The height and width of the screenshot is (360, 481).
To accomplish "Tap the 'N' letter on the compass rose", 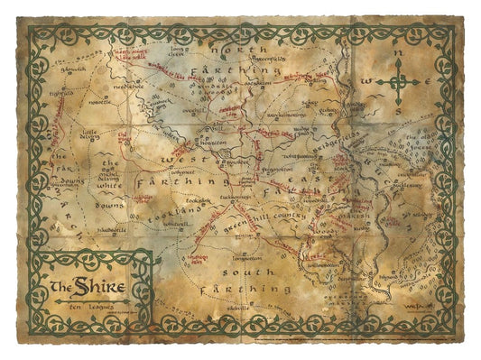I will pos(398,53).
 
